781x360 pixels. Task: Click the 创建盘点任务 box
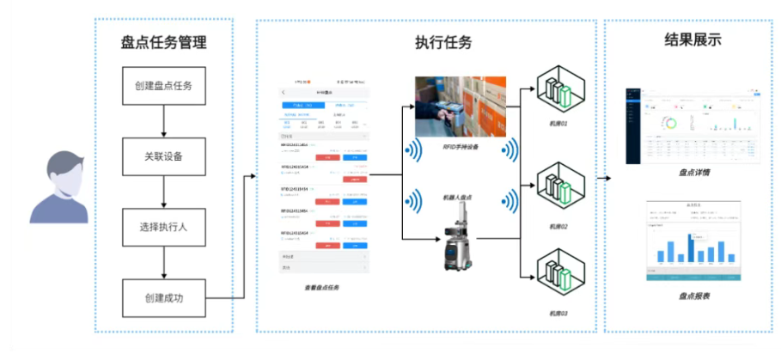(x=163, y=86)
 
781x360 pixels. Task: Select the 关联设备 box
(x=163, y=156)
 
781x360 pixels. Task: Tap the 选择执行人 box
(x=163, y=228)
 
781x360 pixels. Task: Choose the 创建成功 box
(x=163, y=298)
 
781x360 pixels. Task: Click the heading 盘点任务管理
(x=163, y=40)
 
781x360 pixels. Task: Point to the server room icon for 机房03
(x=559, y=272)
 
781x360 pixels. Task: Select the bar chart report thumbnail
(x=693, y=242)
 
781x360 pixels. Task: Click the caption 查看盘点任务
(x=321, y=288)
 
